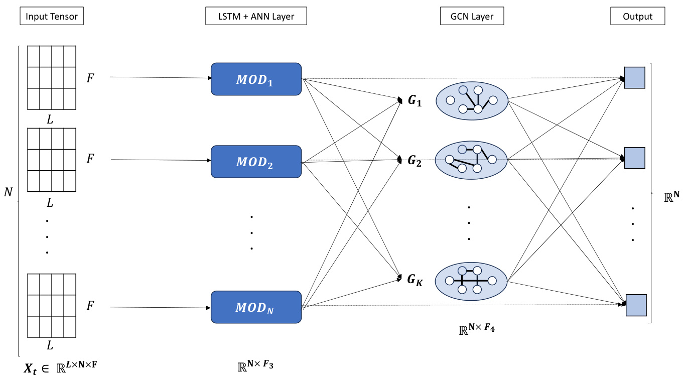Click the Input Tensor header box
click(x=52, y=16)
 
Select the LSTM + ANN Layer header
click(x=256, y=16)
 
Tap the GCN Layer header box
click(x=472, y=16)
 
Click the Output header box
click(x=638, y=16)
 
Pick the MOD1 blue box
click(x=256, y=79)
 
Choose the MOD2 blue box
click(x=256, y=162)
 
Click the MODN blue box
click(x=256, y=307)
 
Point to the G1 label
click(x=415, y=100)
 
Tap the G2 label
click(x=415, y=161)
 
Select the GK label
click(x=415, y=280)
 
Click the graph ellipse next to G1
click(x=472, y=100)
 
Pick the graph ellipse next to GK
click(x=471, y=281)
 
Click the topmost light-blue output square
click(x=634, y=78)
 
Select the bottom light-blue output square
click(x=636, y=305)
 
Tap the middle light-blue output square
click(x=634, y=158)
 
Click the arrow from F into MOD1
click(x=161, y=77)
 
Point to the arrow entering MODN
click(x=161, y=307)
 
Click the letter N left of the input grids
click(x=8, y=192)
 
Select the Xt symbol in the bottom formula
click(x=31, y=368)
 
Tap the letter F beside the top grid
click(x=90, y=78)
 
